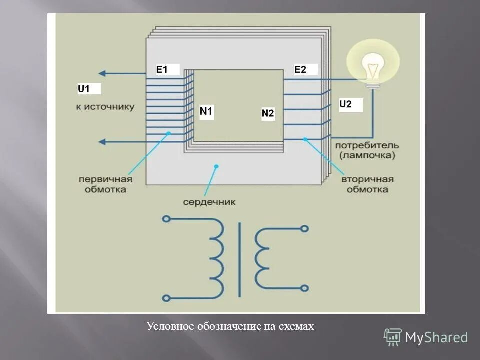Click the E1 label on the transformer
162,70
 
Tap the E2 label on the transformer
300,70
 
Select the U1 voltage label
84,89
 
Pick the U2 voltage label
345,104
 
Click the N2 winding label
268,114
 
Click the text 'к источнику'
105,107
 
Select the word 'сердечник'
209,202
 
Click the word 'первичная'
105,180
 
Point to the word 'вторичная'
368,180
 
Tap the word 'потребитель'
367,145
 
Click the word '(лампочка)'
367,155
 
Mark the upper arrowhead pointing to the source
102,73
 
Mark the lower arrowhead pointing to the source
102,142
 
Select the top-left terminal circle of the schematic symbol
166,219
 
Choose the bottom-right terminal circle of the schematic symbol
304,288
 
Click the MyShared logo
426,337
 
